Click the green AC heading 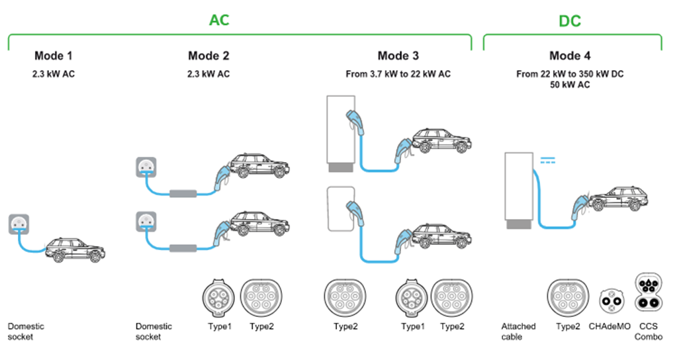click(x=219, y=20)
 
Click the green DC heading click(x=569, y=21)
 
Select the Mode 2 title click(x=208, y=56)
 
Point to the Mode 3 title click(x=398, y=56)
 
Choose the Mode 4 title click(x=570, y=56)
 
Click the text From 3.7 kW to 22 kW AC click(x=398, y=74)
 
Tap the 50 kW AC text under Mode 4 click(x=570, y=85)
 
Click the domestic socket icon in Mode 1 click(x=20, y=225)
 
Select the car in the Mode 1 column click(x=75, y=249)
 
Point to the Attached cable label click(x=518, y=332)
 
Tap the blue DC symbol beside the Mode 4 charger click(x=548, y=159)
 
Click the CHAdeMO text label click(x=612, y=327)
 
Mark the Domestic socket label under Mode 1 click(x=26, y=332)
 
